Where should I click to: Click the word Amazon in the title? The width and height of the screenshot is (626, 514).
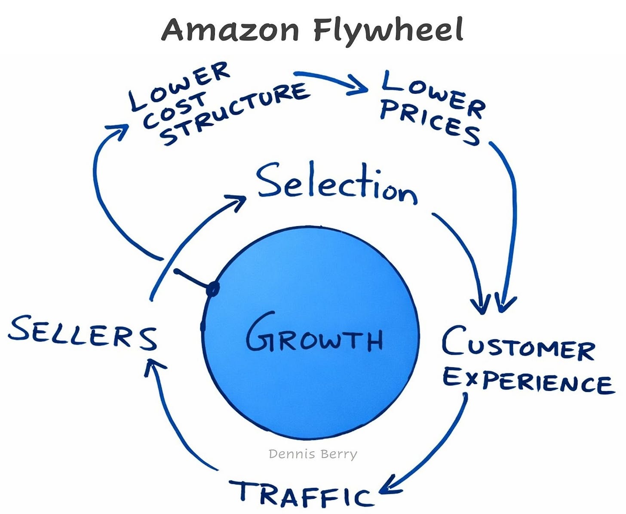[230, 30]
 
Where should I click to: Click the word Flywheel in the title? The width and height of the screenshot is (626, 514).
[388, 30]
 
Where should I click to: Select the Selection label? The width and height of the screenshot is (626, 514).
[337, 184]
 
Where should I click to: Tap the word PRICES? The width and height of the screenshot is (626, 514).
[430, 123]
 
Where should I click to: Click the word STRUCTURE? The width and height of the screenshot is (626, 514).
[234, 114]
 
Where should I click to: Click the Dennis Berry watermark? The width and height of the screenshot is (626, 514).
[313, 454]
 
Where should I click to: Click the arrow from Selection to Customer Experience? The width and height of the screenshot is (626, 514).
[466, 254]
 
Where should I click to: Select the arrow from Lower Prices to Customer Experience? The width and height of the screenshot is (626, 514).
[512, 215]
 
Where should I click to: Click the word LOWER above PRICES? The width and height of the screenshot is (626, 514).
[432, 92]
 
